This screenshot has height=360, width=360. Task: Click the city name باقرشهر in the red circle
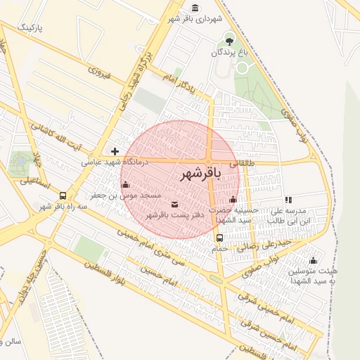click(x=201, y=173)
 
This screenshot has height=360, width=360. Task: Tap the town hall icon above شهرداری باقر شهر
click(x=194, y=8)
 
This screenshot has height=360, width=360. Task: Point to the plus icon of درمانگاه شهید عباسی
click(x=115, y=151)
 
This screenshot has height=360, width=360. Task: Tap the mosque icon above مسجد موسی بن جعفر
click(x=125, y=185)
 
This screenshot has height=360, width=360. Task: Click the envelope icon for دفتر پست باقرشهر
click(x=174, y=205)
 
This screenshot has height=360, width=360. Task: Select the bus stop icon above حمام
click(x=219, y=238)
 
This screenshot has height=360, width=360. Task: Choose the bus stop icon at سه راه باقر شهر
click(x=63, y=196)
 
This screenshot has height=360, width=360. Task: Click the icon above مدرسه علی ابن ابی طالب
click(x=288, y=200)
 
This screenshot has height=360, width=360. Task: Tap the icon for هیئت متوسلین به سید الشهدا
click(x=313, y=260)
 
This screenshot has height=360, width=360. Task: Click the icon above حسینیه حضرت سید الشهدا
click(x=233, y=199)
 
